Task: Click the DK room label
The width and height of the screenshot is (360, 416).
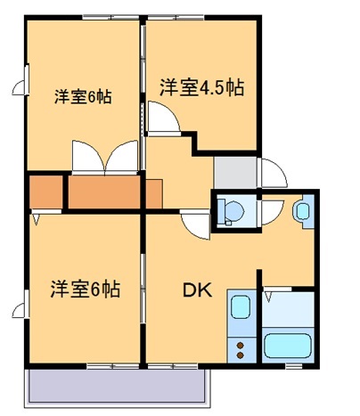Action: (197, 290)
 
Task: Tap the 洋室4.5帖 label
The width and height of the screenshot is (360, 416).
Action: (201, 87)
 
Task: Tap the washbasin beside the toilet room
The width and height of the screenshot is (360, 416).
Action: (301, 212)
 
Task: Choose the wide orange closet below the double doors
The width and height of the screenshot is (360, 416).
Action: (104, 192)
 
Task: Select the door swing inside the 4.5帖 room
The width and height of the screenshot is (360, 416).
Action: (162, 118)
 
